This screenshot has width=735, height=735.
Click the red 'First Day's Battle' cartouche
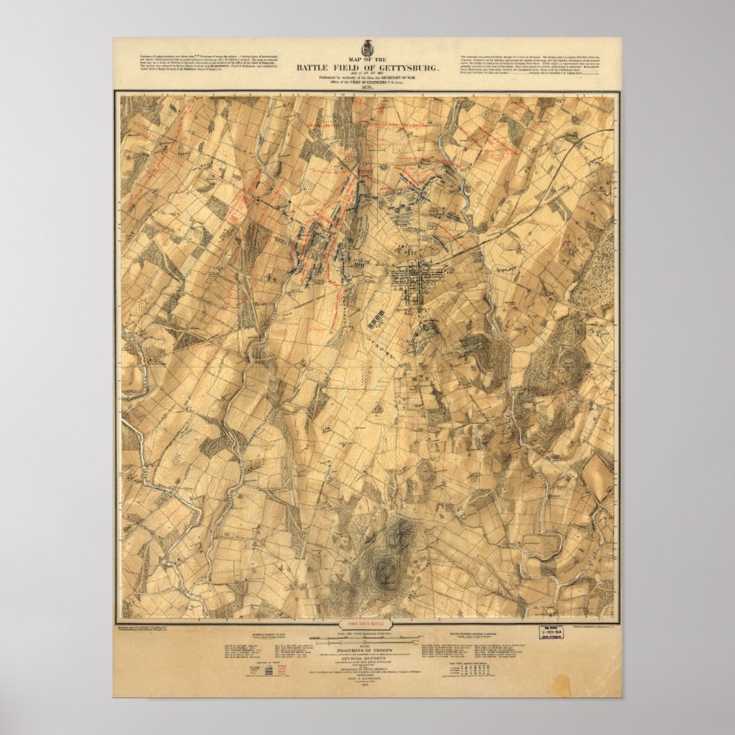coord(367,623)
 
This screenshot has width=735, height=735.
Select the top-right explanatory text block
coord(531,61)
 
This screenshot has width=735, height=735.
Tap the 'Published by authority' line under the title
coord(367,78)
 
